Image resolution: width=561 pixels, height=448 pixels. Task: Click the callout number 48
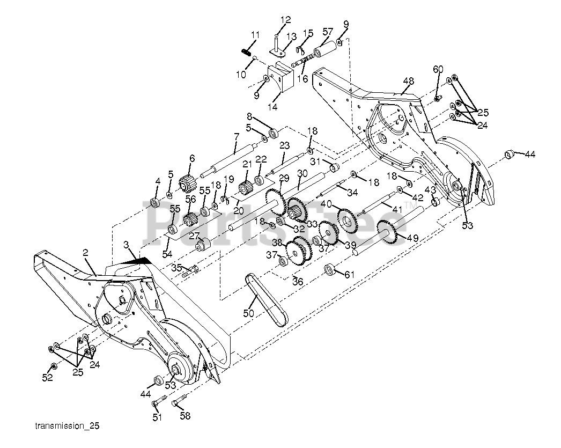[x=409, y=82]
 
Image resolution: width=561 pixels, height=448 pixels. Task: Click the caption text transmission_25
[x=67, y=427]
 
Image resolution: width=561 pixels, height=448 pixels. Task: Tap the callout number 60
[x=438, y=69]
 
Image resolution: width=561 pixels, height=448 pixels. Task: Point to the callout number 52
[x=48, y=378]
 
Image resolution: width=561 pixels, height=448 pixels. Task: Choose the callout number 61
[x=350, y=275]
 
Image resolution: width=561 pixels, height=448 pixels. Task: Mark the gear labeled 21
[x=246, y=188]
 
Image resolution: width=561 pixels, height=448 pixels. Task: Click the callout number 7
[x=236, y=137]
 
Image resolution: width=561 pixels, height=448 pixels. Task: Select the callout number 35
[x=176, y=267]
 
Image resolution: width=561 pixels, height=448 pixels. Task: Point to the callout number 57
[x=327, y=32]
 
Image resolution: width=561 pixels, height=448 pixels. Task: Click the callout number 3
[x=127, y=246]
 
